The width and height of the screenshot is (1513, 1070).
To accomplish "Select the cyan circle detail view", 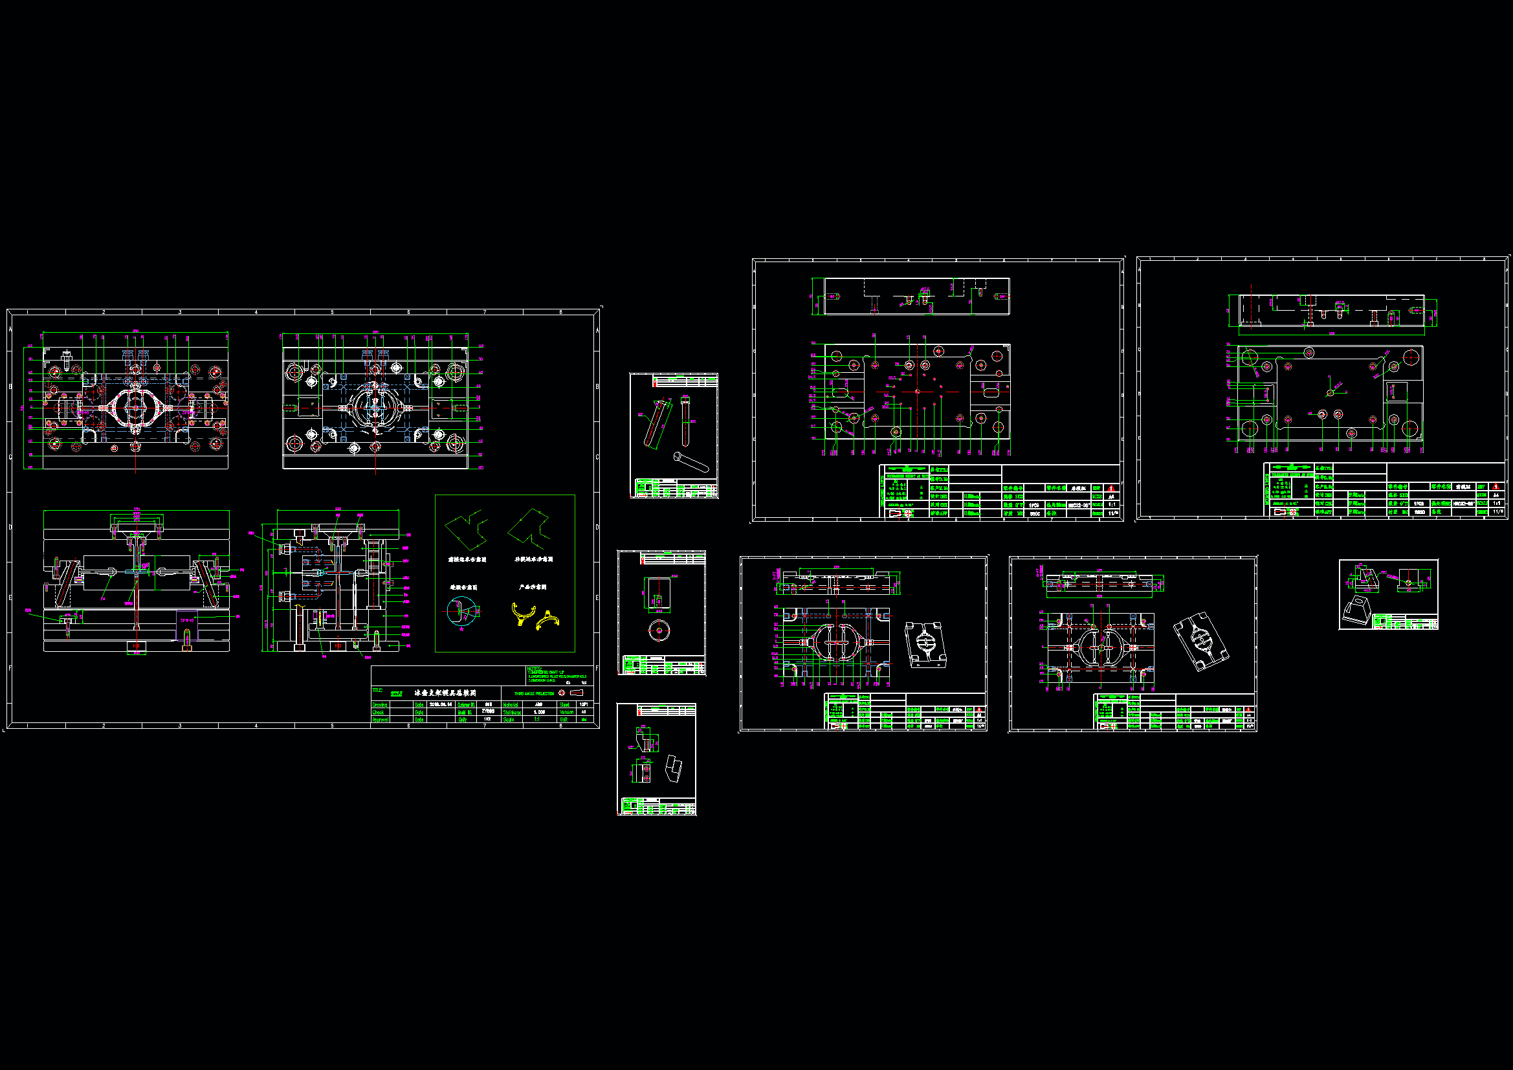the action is [x=461, y=611].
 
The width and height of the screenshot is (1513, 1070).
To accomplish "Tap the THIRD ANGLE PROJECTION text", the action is [x=535, y=693].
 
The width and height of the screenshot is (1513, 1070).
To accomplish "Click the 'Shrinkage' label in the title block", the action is [x=512, y=712].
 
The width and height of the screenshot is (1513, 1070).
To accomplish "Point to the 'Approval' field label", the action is [x=381, y=720].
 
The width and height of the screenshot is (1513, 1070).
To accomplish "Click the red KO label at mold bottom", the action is [x=136, y=645].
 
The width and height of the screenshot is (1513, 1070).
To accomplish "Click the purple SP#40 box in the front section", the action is [x=187, y=620].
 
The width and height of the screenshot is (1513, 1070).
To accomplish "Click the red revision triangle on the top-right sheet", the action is [x=1496, y=487].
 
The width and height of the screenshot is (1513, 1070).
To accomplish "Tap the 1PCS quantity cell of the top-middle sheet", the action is [x=1034, y=505].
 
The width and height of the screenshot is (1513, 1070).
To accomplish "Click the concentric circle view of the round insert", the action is [x=659, y=630].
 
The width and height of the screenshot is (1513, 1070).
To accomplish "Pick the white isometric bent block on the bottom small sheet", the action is [x=674, y=769].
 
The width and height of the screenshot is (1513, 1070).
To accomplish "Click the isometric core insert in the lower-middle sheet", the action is [x=926, y=643].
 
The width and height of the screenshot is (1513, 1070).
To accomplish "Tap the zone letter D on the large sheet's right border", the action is [x=597, y=528].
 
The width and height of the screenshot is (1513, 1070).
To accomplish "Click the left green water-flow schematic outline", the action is [x=467, y=529].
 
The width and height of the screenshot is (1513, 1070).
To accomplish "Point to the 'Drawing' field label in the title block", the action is [x=380, y=705].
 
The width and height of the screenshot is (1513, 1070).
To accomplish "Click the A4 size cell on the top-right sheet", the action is [x=1496, y=495].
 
